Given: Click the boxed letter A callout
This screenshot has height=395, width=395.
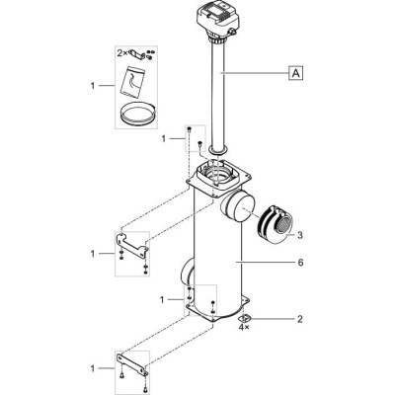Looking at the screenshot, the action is click(295, 73).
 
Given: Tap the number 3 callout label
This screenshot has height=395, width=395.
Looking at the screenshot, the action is click(299, 235).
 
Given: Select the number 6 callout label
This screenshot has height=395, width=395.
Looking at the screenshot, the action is click(299, 263).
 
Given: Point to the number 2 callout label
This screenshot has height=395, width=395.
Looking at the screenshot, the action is click(299, 319).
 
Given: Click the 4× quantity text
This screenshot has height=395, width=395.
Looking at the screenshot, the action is click(244, 328).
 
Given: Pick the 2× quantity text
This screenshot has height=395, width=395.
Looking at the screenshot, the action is click(123, 52).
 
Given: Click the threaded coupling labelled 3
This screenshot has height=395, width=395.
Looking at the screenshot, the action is click(274, 225).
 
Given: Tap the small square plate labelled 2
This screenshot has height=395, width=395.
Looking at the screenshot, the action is click(244, 318).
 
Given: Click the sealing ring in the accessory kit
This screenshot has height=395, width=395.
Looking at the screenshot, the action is click(136, 113).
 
